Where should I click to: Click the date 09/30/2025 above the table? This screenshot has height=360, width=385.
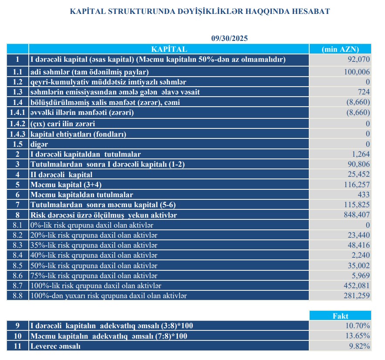229,39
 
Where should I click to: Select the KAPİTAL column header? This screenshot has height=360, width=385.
169,49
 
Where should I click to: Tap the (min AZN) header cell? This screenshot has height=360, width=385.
340,49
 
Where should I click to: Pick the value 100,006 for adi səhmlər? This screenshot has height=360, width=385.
357,72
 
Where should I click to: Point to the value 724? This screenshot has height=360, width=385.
364,92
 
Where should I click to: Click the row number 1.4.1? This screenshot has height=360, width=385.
17,113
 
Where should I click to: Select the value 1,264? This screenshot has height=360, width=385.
360,154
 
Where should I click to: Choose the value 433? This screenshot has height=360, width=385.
364,195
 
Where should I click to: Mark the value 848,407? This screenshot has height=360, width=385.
357,215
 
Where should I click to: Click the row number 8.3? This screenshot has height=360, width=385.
17,245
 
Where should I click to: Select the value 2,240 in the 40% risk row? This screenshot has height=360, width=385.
360,255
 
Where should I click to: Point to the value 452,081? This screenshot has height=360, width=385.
357,286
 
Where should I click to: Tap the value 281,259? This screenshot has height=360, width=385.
357,296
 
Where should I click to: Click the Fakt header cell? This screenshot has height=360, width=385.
340,316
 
